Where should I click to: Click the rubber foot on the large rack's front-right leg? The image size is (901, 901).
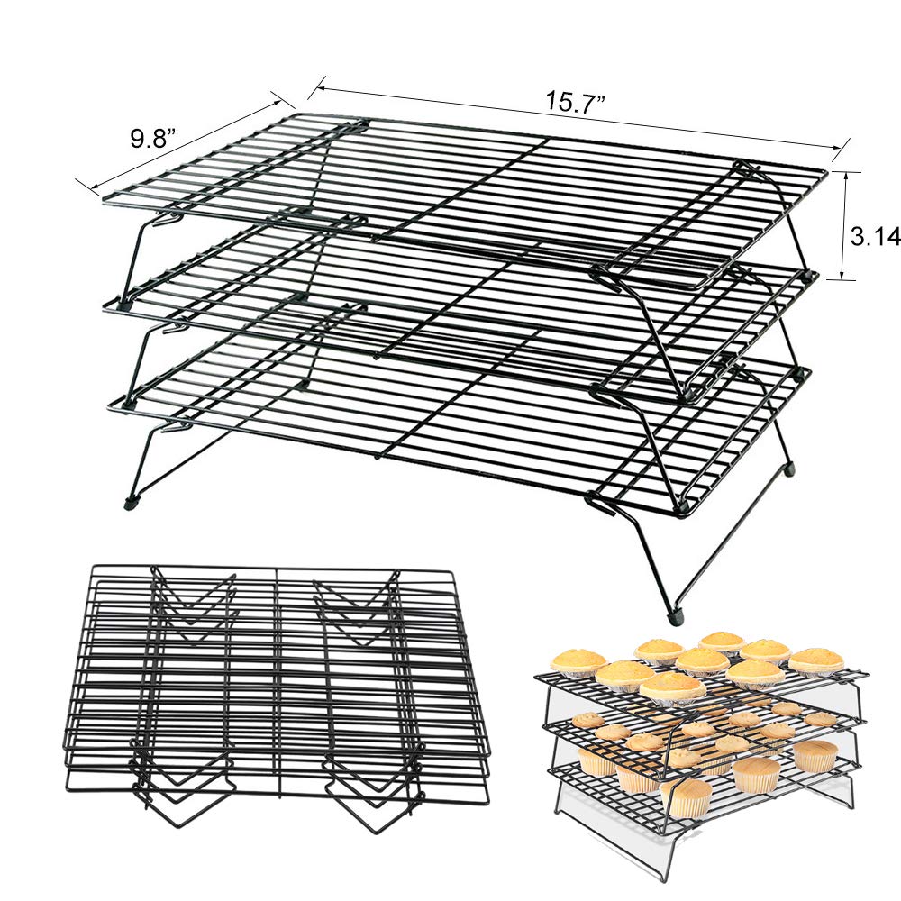676,618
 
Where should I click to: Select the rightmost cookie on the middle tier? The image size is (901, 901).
820,718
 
